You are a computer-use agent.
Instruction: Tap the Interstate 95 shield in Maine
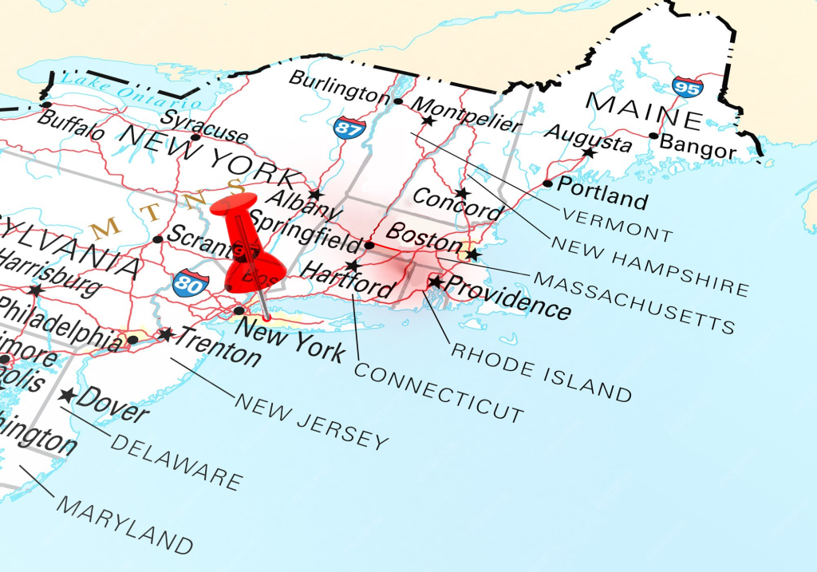point(686,85)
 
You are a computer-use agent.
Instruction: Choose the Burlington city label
point(339,86)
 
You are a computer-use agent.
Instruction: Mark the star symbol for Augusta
point(589,152)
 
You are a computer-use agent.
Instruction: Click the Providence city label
point(507,296)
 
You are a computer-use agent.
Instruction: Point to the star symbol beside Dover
point(67,395)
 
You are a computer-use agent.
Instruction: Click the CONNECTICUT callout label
point(439,392)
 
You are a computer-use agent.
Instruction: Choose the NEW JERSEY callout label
point(311,421)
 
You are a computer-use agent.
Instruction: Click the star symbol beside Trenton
point(165,334)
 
